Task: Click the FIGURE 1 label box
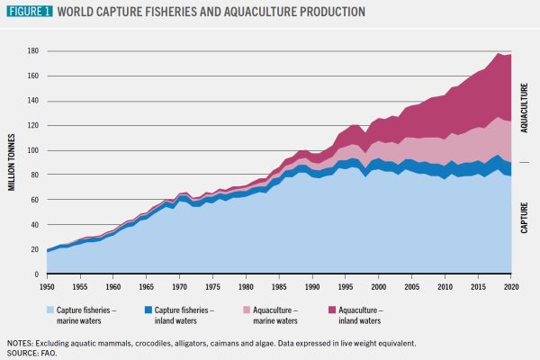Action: click(x=30, y=12)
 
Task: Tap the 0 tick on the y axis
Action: click(x=37, y=274)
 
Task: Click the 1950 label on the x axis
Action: click(x=46, y=286)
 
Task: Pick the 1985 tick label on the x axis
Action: click(x=280, y=286)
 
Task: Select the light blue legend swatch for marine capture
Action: click(x=52, y=310)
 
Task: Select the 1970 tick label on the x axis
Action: click(x=179, y=286)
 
